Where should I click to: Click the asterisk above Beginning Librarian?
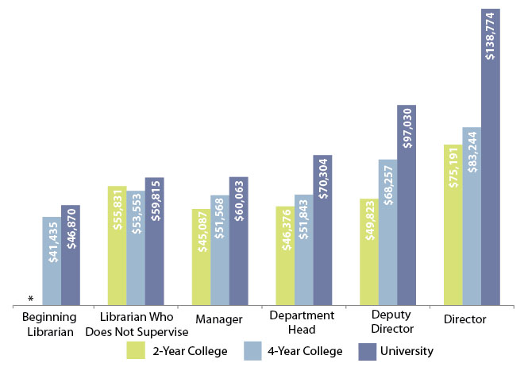pos(30,299)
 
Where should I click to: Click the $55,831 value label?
pos(117,210)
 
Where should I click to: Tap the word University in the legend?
pos(407,350)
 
